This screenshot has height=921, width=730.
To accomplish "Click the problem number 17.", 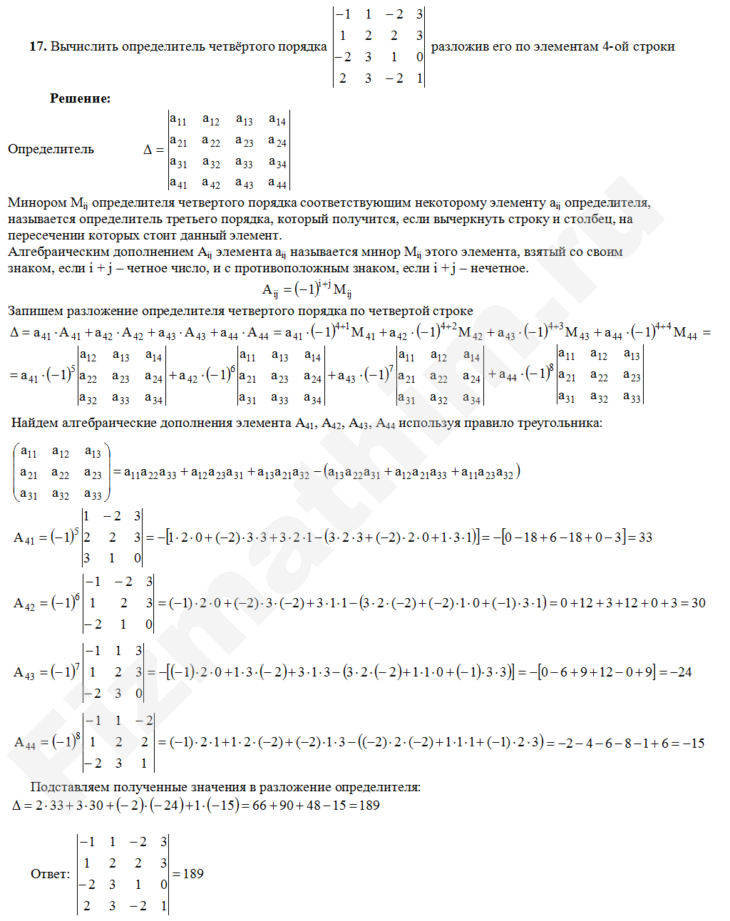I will (37, 46).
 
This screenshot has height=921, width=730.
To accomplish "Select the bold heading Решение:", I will (80, 98).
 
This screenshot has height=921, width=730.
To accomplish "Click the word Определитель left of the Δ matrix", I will (51, 149).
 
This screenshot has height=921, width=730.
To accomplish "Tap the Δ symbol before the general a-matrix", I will (148, 150).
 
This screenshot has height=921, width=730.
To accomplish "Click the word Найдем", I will (35, 423).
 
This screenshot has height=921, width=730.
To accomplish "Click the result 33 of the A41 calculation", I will (645, 537).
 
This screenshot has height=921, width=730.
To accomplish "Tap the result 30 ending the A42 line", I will (698, 603).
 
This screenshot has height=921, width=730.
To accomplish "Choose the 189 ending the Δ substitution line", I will (369, 805).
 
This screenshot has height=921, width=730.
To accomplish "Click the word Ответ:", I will (50, 874).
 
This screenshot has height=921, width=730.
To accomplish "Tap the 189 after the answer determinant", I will (193, 874).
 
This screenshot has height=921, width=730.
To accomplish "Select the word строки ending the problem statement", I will (654, 46).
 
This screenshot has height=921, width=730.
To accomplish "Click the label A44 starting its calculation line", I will (25, 743).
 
